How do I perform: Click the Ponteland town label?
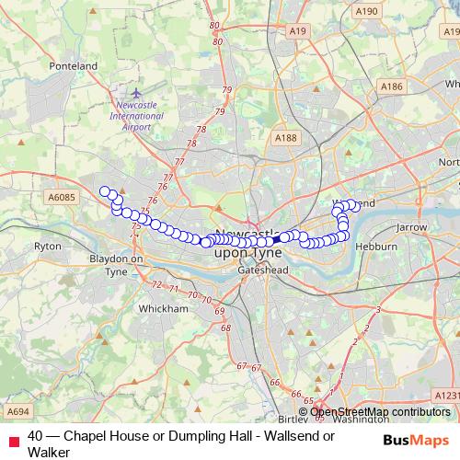[75, 66]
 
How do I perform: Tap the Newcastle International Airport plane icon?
[137, 93]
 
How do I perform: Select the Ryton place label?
[47, 247]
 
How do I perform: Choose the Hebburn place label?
[378, 247]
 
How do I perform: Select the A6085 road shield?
[62, 197]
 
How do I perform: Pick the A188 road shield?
[285, 138]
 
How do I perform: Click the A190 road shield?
[366, 11]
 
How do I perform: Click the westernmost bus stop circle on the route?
[105, 192]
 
